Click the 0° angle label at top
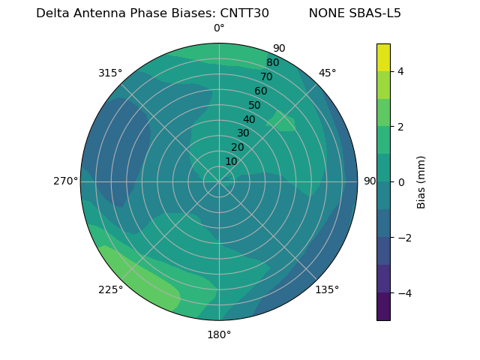[219, 28]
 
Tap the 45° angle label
[327, 73]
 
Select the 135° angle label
[327, 289]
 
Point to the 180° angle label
[219, 334]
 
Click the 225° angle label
[110, 289]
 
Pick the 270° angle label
[65, 181]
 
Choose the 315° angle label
[110, 73]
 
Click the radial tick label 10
[231, 161]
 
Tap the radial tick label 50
[254, 106]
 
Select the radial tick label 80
[272, 62]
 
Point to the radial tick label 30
[243, 133]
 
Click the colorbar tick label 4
[401, 71]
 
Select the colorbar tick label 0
[401, 182]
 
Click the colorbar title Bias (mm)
[421, 182]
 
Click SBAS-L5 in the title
[376, 13]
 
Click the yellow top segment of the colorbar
[383, 57]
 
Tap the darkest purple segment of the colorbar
[383, 307]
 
